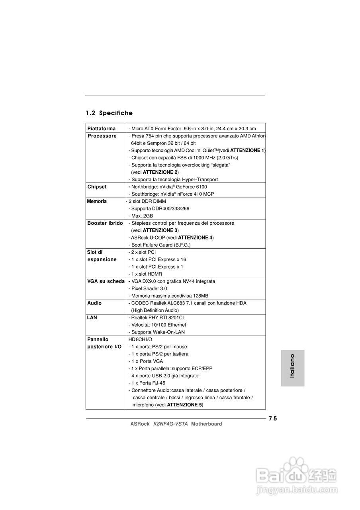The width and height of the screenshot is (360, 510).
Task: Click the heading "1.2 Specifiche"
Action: click(x=109, y=113)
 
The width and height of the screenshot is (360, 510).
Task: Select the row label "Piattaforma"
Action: click(x=102, y=129)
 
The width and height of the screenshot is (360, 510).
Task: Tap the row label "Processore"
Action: click(x=102, y=136)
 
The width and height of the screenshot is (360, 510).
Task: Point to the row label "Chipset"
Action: click(x=97, y=187)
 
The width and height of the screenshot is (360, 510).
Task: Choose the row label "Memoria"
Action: click(x=97, y=201)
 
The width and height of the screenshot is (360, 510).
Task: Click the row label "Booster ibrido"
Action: click(x=105, y=223)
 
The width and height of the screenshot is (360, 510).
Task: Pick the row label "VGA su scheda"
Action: click(x=106, y=281)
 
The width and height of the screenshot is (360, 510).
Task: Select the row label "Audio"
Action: click(x=94, y=303)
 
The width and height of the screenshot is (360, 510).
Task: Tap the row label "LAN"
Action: click(x=92, y=318)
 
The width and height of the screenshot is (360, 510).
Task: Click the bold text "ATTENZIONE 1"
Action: click(x=247, y=151)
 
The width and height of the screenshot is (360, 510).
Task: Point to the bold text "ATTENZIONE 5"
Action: click(x=184, y=405)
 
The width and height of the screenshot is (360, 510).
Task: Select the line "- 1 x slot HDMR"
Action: click(x=145, y=274)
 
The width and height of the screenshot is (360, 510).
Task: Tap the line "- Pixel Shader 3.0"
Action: click(x=147, y=288)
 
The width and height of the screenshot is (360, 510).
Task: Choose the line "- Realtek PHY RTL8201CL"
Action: click(x=157, y=318)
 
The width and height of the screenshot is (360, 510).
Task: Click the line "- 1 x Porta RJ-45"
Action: click(x=147, y=383)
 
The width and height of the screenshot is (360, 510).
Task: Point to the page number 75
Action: click(x=272, y=418)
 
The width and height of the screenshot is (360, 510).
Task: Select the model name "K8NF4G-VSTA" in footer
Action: click(x=170, y=424)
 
